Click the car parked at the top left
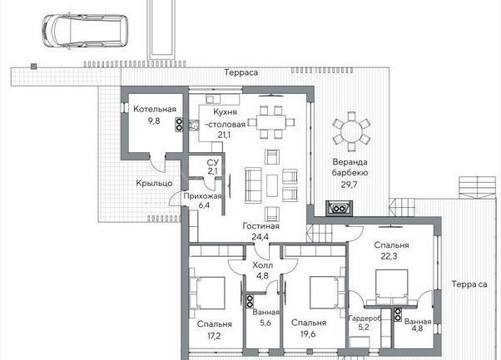(x=85, y=32)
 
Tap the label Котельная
(x=155, y=109)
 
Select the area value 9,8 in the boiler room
(x=154, y=121)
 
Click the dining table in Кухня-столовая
(x=270, y=122)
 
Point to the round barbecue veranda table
(x=351, y=131)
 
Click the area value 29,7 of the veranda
(x=349, y=185)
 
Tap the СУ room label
(x=213, y=163)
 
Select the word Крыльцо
(x=154, y=183)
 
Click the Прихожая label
(x=202, y=196)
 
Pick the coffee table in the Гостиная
(x=272, y=185)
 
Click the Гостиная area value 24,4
(x=260, y=237)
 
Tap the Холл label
(x=263, y=265)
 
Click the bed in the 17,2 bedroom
(x=207, y=293)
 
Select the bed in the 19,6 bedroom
(x=325, y=293)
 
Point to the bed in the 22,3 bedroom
(x=391, y=287)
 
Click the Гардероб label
(x=365, y=318)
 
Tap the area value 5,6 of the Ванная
(x=265, y=323)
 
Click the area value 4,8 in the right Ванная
(x=417, y=328)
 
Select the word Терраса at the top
(x=241, y=72)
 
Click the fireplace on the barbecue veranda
(x=339, y=209)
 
